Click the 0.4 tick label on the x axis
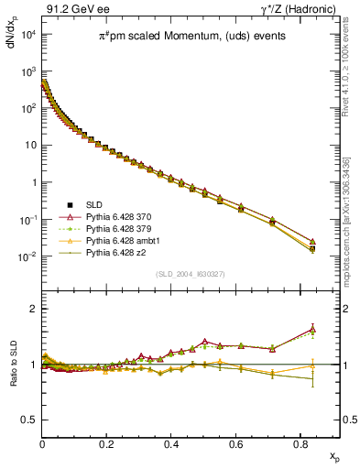point(172,443)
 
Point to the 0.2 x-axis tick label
point(107,443)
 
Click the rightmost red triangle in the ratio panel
point(312,329)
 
